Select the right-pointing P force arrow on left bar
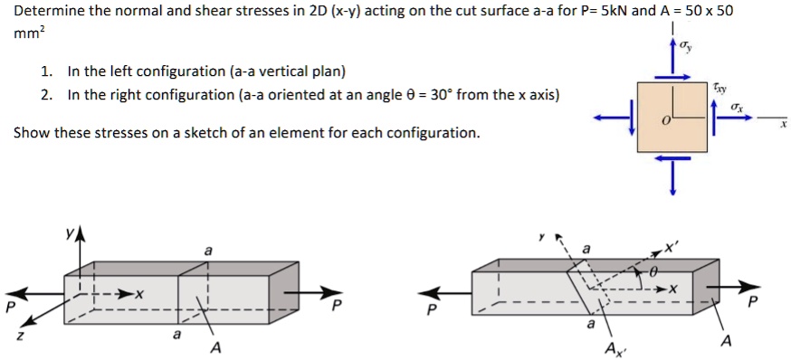[x=322, y=292]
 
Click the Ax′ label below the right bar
[x=615, y=349]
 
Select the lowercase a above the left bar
[x=208, y=249]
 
